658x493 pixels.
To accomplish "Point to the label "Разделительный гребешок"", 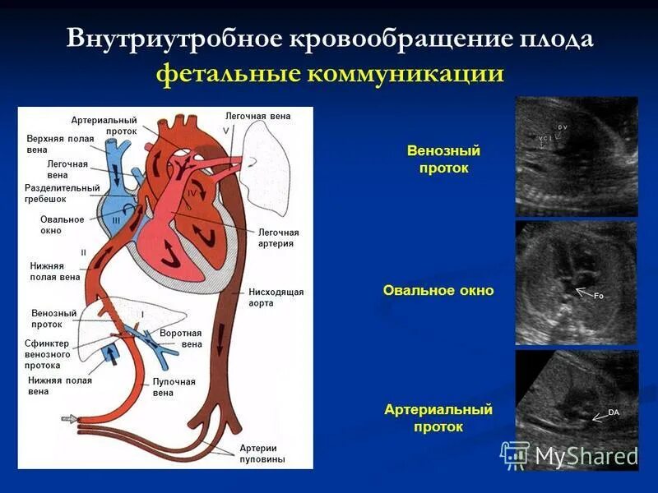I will click(x=62, y=194).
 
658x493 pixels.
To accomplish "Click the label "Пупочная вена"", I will click(x=174, y=387).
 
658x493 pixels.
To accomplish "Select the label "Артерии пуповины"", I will click(x=262, y=454).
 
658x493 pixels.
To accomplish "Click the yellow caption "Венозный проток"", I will click(x=443, y=159).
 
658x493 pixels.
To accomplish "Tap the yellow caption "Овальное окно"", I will click(x=438, y=291).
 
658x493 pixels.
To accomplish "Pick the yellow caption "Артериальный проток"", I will click(x=438, y=418).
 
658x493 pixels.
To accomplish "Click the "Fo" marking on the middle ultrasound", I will click(x=599, y=296).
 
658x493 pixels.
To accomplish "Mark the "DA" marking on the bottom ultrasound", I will click(x=613, y=412).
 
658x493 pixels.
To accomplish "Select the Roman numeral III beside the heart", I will click(x=116, y=220).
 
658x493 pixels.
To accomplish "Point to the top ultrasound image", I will click(x=576, y=156).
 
